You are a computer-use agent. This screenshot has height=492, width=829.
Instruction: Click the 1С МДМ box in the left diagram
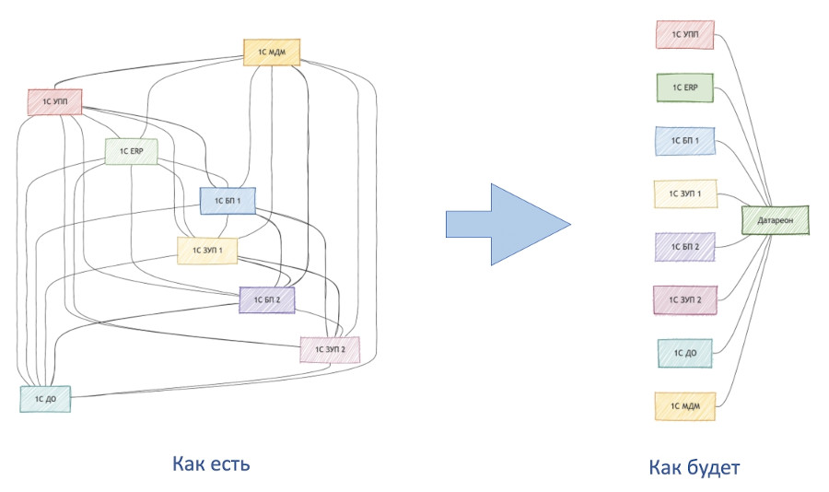pyautogui.click(x=273, y=53)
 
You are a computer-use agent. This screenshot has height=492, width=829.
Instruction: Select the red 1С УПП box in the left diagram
pyautogui.click(x=54, y=102)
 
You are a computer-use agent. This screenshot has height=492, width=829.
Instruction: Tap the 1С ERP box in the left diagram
pyautogui.click(x=131, y=151)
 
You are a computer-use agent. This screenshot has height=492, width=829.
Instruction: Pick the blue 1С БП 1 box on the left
pyautogui.click(x=227, y=200)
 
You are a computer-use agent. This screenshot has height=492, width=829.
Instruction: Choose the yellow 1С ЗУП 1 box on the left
pyautogui.click(x=208, y=250)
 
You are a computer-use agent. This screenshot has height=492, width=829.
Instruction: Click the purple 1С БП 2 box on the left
pyautogui.click(x=267, y=299)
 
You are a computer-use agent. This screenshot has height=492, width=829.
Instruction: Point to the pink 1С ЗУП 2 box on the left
pyautogui.click(x=329, y=350)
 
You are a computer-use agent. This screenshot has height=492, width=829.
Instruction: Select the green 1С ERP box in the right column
pyautogui.click(x=684, y=88)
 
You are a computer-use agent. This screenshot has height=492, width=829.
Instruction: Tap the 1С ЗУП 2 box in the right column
pyautogui.click(x=683, y=299)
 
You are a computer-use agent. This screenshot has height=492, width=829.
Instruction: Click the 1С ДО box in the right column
pyautogui.click(x=683, y=353)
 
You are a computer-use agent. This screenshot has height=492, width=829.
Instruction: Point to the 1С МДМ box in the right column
pyautogui.click(x=684, y=406)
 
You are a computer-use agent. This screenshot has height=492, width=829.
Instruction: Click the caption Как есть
pyautogui.click(x=211, y=463)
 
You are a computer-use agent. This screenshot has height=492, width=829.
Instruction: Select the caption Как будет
pyautogui.click(x=695, y=467)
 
